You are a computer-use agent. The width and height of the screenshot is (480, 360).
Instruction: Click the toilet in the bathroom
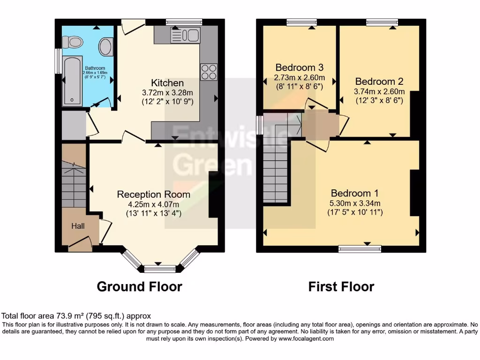click(x=75, y=43)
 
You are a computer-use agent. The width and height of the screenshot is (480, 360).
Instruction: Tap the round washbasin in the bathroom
click(x=105, y=47)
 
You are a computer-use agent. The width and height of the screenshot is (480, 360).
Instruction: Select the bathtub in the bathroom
click(x=73, y=81)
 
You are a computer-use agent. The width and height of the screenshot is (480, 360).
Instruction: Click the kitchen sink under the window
click(x=185, y=34)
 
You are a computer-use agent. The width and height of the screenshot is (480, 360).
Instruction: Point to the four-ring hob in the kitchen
click(x=209, y=72)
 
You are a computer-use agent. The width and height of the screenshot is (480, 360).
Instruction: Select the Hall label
click(x=78, y=226)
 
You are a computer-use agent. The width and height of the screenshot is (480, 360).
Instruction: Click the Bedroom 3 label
click(x=299, y=67)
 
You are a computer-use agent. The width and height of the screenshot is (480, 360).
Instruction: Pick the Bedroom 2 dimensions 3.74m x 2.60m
click(x=379, y=91)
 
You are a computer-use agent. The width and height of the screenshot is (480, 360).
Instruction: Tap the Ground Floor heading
click(x=139, y=286)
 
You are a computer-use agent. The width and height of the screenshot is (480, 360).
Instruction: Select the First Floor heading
click(x=341, y=286)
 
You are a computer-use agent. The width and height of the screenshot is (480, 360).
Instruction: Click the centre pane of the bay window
click(x=159, y=269)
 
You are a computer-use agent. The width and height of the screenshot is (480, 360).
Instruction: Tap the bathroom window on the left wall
click(x=58, y=61)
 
